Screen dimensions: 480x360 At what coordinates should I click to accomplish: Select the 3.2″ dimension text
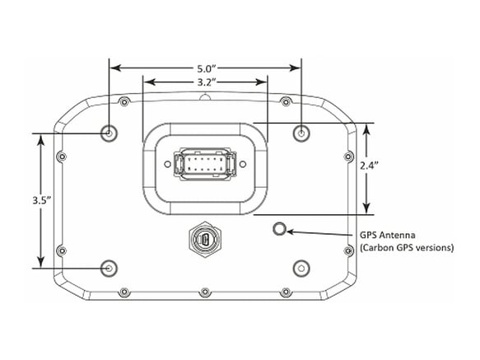point(205,82)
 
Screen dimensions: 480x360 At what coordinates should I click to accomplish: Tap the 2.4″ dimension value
point(369,166)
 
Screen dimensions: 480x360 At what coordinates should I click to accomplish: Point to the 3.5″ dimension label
point(42,200)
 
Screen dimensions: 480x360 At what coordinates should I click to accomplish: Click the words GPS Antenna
point(387,236)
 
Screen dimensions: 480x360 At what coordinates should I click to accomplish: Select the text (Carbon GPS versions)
point(407,248)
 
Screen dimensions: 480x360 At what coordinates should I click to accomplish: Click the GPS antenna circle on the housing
point(279,228)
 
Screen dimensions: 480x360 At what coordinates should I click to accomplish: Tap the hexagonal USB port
point(205,239)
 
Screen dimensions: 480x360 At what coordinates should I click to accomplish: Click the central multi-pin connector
point(205,164)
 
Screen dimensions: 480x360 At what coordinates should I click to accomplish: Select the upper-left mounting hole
point(109,133)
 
